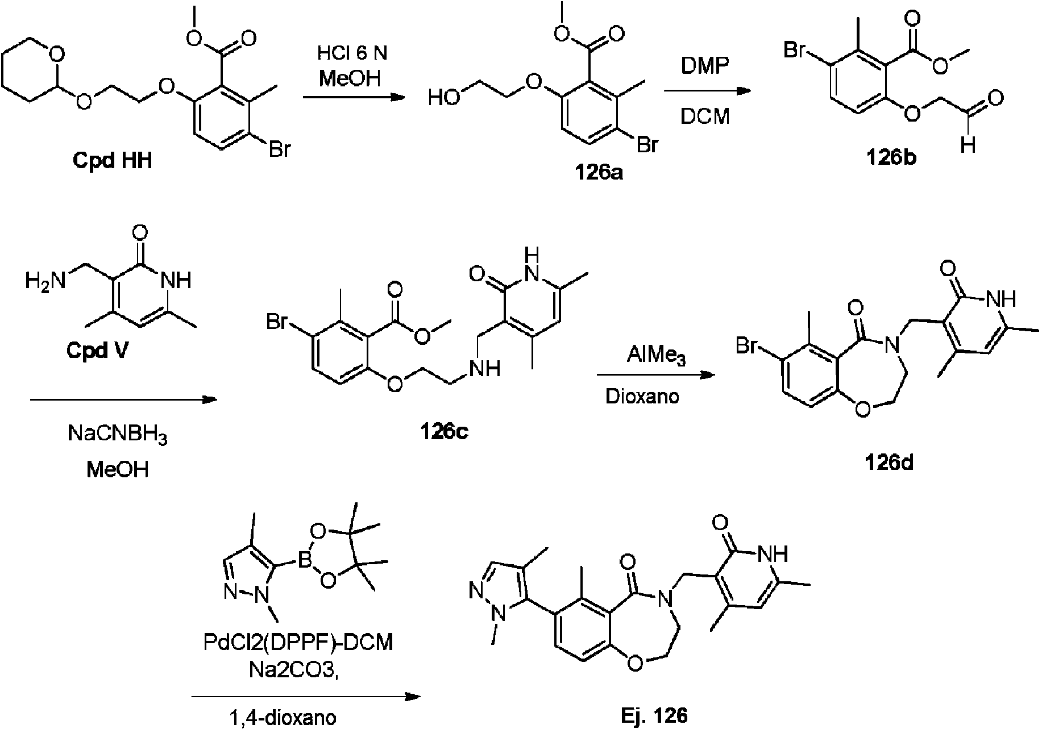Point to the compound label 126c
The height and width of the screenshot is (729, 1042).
pos(444,432)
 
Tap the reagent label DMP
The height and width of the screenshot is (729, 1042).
pos(705,66)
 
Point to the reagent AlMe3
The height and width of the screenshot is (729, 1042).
pos(657,357)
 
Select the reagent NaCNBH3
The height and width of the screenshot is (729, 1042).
pos(118,436)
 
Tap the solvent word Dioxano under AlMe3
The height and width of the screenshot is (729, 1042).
pos(642,395)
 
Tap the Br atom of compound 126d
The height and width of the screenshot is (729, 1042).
pos(749,345)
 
